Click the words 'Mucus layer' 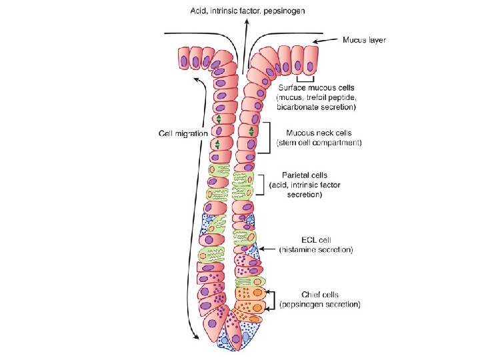point(364,40)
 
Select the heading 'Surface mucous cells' point(317,87)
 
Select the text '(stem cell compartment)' point(319,143)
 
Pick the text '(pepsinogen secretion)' point(320,304)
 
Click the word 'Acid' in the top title point(199,11)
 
